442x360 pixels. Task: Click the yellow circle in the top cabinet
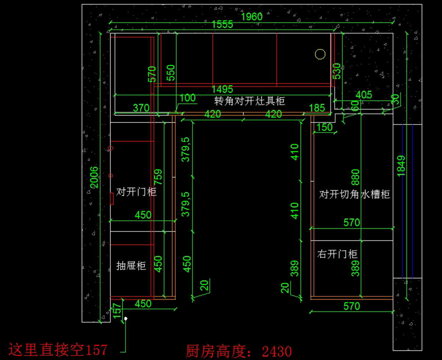point(320,54)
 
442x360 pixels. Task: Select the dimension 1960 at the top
point(252,17)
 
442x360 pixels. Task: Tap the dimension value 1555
point(222,25)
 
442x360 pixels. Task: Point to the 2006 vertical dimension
point(94,177)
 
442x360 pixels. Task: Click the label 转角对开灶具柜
point(250,101)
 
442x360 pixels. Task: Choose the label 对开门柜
point(136,192)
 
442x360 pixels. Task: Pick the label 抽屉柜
point(131,265)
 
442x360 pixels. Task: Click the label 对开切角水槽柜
point(354,194)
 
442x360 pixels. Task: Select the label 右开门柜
point(337,254)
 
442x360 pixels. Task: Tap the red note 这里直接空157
point(58,350)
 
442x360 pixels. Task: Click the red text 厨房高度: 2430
point(239,351)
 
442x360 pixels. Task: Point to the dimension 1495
point(222,89)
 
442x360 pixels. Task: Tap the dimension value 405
point(364,95)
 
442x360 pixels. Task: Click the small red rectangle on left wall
point(111,198)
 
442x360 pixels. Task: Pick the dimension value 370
point(141,108)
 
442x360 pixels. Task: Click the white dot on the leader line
point(126,318)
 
